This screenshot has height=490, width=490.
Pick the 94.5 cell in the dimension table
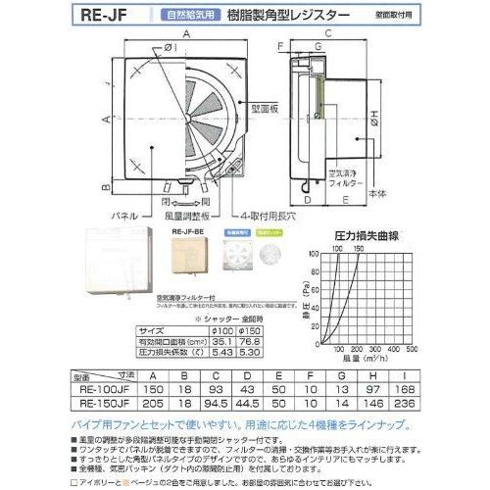point(232,402)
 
